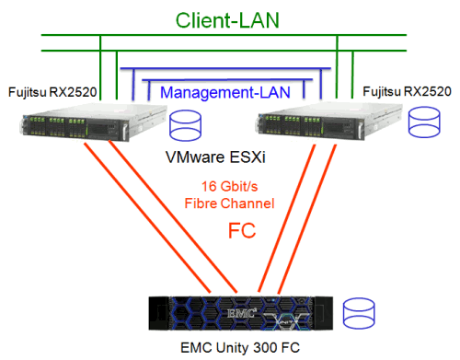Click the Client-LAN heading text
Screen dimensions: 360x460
[230, 19]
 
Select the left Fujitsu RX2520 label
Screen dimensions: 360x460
[52, 92]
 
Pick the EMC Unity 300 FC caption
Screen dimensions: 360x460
[231, 347]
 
